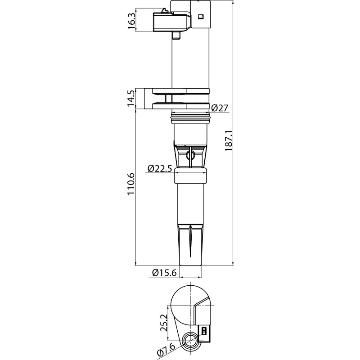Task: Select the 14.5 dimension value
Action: point(131,99)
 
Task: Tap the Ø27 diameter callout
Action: point(220,108)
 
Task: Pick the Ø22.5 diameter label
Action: point(160,168)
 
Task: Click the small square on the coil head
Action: point(201,17)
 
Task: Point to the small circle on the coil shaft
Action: point(190,156)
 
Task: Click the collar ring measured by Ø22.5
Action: point(191,176)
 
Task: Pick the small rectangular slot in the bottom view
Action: point(205,332)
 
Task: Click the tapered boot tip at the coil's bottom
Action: point(191,245)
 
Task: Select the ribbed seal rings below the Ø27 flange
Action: point(191,120)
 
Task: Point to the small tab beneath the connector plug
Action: point(177,35)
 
